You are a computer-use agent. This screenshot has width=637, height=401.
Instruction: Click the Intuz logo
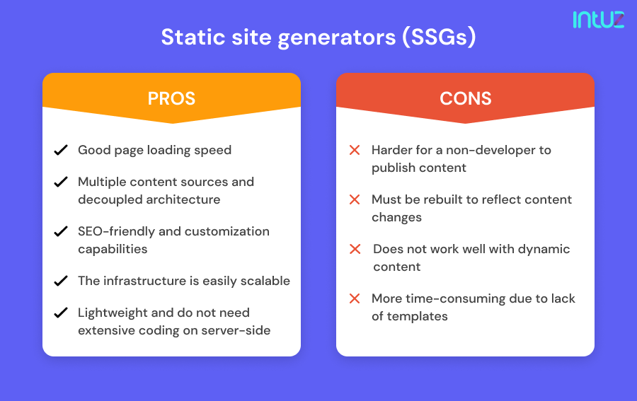598,19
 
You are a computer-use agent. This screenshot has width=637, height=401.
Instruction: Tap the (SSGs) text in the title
439,37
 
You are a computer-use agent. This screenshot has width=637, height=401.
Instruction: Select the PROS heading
171,98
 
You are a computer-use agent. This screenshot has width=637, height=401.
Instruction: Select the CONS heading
465,98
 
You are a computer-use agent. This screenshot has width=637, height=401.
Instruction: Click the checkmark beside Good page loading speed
61,150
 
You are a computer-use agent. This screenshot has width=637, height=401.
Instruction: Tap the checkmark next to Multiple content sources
61,182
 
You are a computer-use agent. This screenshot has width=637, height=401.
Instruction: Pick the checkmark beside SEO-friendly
61,231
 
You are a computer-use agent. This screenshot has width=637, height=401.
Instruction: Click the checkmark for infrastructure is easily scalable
61,281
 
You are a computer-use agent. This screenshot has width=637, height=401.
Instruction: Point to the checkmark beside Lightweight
61,313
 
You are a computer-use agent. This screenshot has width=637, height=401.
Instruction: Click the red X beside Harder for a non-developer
355,150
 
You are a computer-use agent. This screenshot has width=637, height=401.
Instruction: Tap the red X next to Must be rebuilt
355,199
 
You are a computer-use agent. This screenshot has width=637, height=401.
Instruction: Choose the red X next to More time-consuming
355,298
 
